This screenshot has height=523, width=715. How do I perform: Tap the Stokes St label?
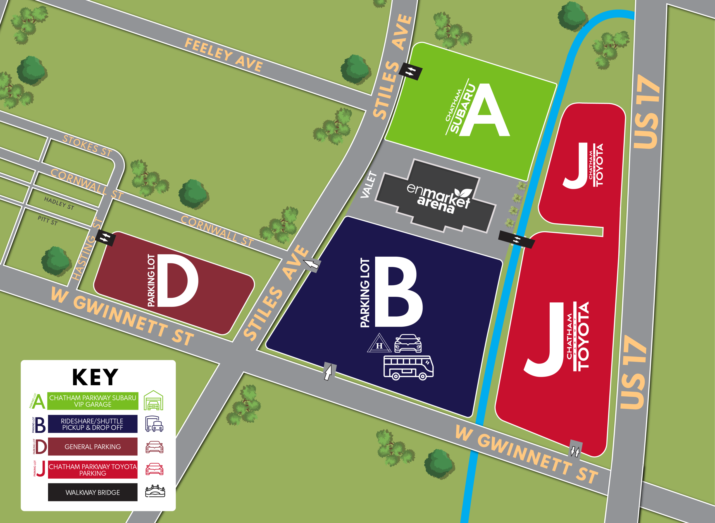87,146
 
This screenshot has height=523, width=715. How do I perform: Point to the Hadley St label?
59,203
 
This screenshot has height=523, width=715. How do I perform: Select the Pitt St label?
47,220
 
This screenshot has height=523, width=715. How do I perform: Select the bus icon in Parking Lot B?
408,368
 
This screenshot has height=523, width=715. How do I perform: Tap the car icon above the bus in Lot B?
408,343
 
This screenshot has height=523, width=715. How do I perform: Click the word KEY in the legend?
95,377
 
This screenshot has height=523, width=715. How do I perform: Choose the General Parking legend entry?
92,447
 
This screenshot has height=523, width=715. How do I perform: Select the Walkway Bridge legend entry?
92,492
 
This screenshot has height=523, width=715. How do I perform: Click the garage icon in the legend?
154,401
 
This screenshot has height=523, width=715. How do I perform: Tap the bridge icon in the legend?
155,491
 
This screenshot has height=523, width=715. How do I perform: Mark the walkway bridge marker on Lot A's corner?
410,71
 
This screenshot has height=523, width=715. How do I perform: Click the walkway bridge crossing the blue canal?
517,240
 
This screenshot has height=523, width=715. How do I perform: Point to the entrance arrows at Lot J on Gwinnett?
575,450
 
